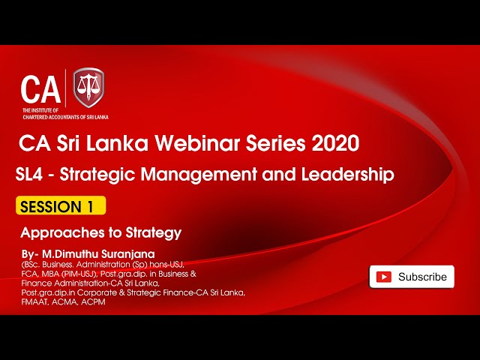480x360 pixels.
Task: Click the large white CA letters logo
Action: click(x=40, y=89)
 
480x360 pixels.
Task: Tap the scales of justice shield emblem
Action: click(x=88, y=88)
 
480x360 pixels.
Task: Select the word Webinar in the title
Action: click(x=198, y=142)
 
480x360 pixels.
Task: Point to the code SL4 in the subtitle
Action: click(x=32, y=175)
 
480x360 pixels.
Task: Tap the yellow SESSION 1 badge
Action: click(x=60, y=206)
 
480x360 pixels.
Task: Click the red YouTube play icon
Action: click(x=384, y=277)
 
